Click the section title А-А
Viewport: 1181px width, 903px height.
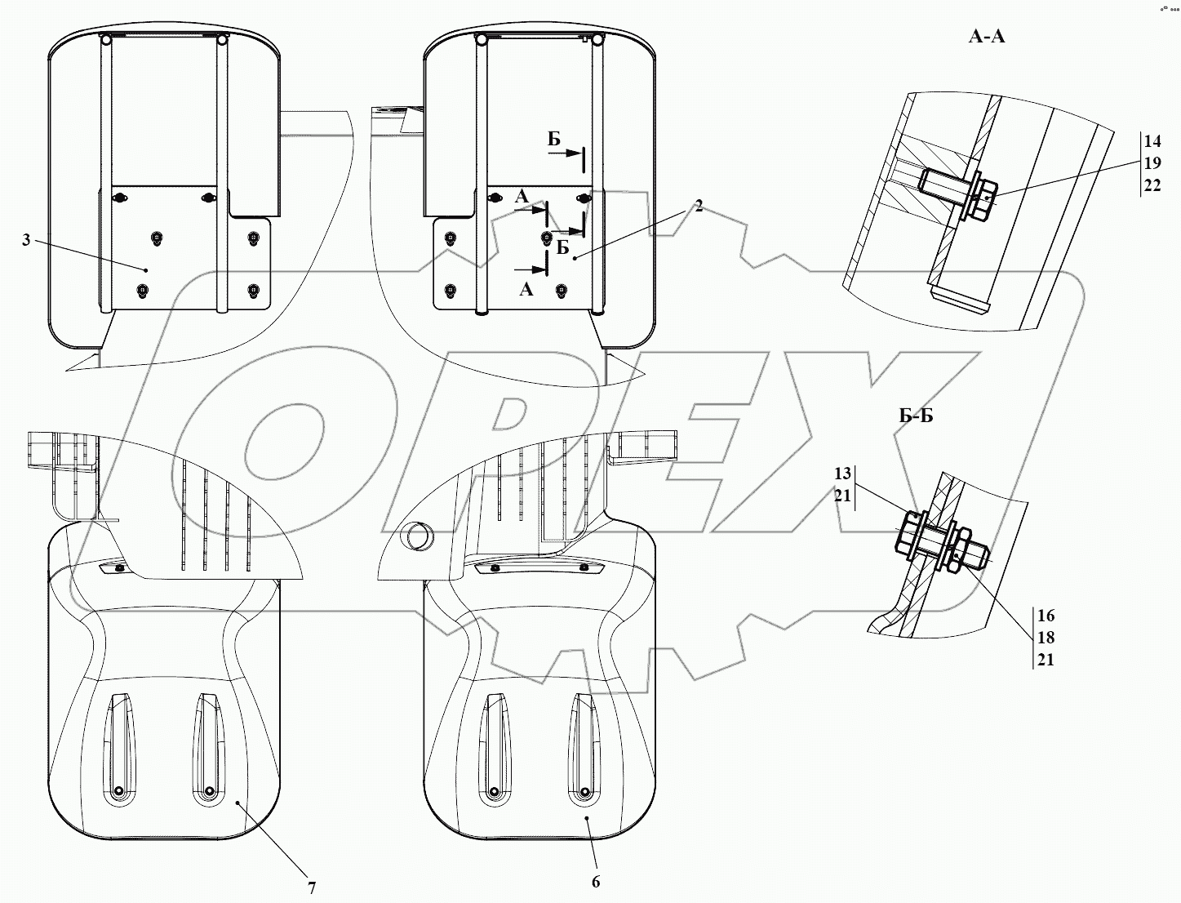pos(987,37)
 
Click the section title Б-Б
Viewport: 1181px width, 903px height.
pos(916,416)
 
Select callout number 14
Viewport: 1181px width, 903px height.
pos(1152,141)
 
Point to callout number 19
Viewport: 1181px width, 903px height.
pos(1152,163)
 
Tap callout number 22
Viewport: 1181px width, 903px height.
pos(1152,185)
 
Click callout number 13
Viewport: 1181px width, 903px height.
pos(843,474)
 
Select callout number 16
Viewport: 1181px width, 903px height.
pos(1046,615)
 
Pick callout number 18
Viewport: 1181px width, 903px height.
pos(1046,638)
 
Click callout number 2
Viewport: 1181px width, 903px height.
pos(699,206)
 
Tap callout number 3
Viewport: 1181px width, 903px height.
pos(26,240)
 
